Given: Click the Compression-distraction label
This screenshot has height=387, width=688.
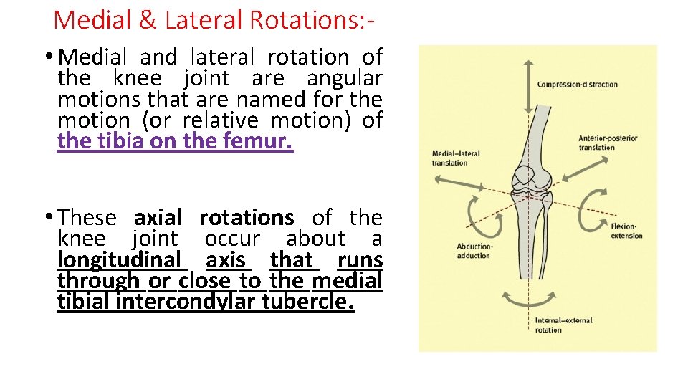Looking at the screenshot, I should tap(577, 85).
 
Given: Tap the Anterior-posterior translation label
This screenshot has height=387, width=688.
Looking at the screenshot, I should tap(608, 143).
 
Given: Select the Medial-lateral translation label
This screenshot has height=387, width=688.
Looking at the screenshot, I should tap(456, 158).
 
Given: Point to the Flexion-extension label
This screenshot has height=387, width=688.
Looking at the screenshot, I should tap(626, 231).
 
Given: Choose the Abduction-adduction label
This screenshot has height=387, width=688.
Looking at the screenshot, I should tap(474, 251).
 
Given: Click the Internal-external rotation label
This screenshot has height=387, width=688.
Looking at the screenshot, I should tap(563, 325).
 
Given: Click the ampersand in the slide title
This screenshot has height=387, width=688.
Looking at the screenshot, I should tap(148, 19).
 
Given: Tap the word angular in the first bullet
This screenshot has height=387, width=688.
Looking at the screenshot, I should tap(344, 77).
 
